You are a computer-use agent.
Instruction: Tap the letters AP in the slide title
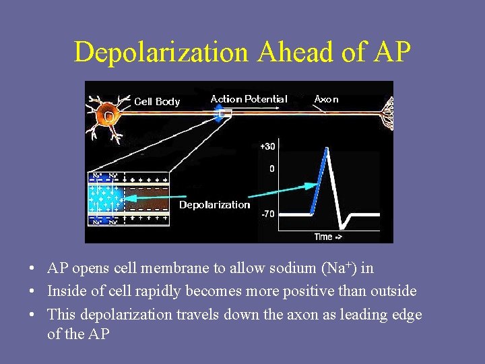[x=390, y=53]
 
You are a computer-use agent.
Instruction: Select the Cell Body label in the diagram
[x=157, y=102]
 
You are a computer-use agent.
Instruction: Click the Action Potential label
[x=249, y=99]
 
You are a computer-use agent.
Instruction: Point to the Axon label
[x=327, y=99]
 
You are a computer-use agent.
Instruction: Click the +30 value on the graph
[x=267, y=146]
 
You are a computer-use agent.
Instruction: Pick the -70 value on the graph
[x=267, y=214]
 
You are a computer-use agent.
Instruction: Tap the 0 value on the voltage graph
[x=271, y=169]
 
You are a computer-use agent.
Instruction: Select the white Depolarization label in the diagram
[x=214, y=205]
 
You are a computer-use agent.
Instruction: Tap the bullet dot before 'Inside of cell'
[x=32, y=292]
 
